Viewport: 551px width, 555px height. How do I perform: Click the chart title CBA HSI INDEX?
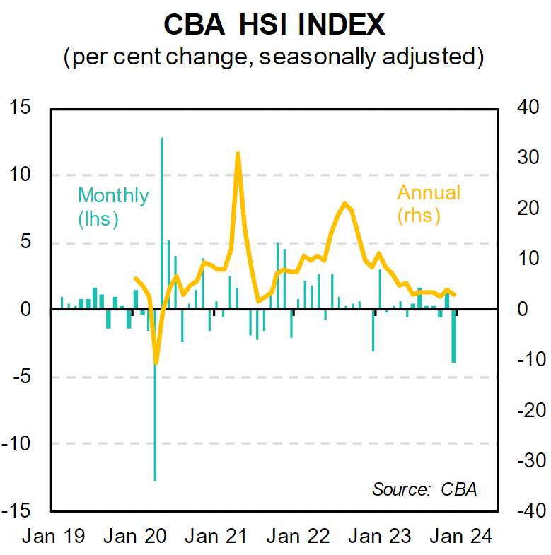(x=274, y=25)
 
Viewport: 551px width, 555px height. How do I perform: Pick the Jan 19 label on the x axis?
(x=53, y=535)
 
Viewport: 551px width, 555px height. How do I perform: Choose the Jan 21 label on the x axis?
(x=217, y=535)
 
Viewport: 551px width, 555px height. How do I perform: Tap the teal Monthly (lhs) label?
(x=113, y=206)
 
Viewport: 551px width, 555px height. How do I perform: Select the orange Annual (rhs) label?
(x=428, y=203)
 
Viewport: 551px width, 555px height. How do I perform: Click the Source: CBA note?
(x=424, y=489)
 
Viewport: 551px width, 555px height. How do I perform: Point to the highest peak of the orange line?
(x=238, y=153)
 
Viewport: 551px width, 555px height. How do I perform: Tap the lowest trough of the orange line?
(x=156, y=363)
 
